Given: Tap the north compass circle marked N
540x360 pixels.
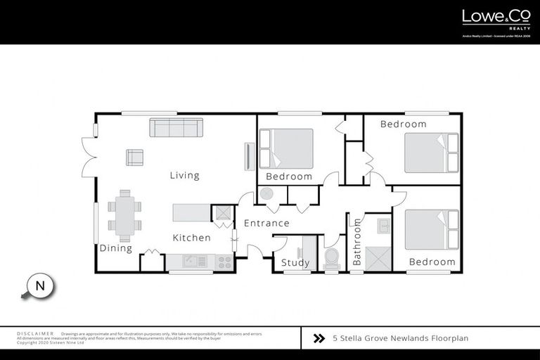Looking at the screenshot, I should click(40, 286).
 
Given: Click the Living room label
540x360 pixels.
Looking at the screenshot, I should click(184, 175).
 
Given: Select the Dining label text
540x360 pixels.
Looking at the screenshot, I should click(115, 248).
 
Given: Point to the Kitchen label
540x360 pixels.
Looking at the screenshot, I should click(191, 238).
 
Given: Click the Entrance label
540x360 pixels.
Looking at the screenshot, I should click(266, 224).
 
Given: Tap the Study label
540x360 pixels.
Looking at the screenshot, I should click(295, 263).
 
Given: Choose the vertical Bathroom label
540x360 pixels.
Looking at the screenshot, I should click(357, 242).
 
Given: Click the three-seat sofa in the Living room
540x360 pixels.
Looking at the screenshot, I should click(176, 127).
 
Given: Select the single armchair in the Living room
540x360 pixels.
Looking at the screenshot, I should click(134, 157).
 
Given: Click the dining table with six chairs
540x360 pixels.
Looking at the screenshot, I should click(124, 216).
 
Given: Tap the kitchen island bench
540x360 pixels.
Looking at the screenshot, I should click(191, 212).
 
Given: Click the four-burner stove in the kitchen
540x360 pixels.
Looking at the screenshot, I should click(224, 262).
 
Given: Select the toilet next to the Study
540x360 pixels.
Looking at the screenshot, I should click(331, 257).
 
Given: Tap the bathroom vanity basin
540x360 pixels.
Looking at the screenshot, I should click(383, 225).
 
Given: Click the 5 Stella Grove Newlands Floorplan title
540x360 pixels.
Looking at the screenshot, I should click(400, 338).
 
